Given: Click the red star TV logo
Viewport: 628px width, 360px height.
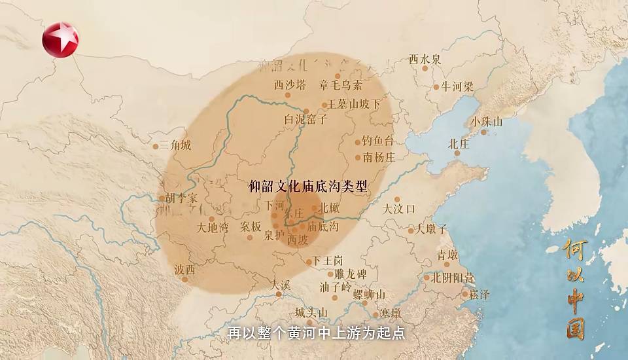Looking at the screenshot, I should [60, 39].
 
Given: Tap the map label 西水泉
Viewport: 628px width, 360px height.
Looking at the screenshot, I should [425, 59].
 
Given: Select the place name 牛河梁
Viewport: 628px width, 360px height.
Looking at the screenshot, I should [457, 86].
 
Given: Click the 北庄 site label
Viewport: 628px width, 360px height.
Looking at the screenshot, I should [459, 143].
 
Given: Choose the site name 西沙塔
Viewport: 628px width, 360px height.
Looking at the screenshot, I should [289, 84].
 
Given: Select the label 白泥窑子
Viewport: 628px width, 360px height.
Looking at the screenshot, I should [305, 120].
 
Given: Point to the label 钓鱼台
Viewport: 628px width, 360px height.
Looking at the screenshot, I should [379, 141].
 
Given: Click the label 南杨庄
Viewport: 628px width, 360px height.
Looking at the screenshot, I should [379, 157].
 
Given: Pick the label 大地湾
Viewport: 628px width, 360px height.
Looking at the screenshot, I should [213, 228].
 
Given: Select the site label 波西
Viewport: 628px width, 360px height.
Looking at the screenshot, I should [184, 269].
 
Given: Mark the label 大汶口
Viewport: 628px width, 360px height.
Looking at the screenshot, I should [399, 209].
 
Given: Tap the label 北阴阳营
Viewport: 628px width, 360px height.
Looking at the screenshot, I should [453, 277].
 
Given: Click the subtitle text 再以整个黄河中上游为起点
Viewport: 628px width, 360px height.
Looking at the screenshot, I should [317, 333].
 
